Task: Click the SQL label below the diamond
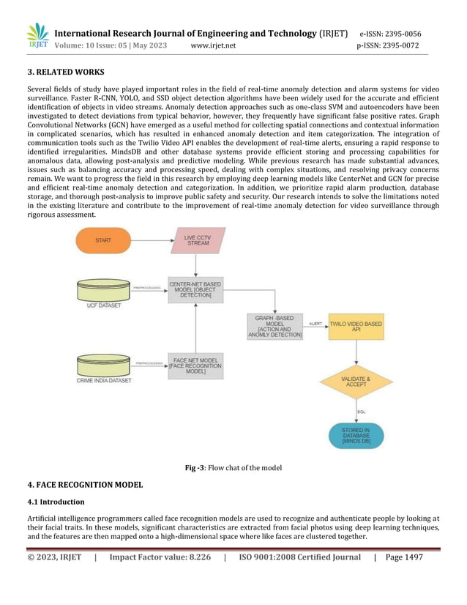click(x=362, y=412)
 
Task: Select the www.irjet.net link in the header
click(x=212, y=45)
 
